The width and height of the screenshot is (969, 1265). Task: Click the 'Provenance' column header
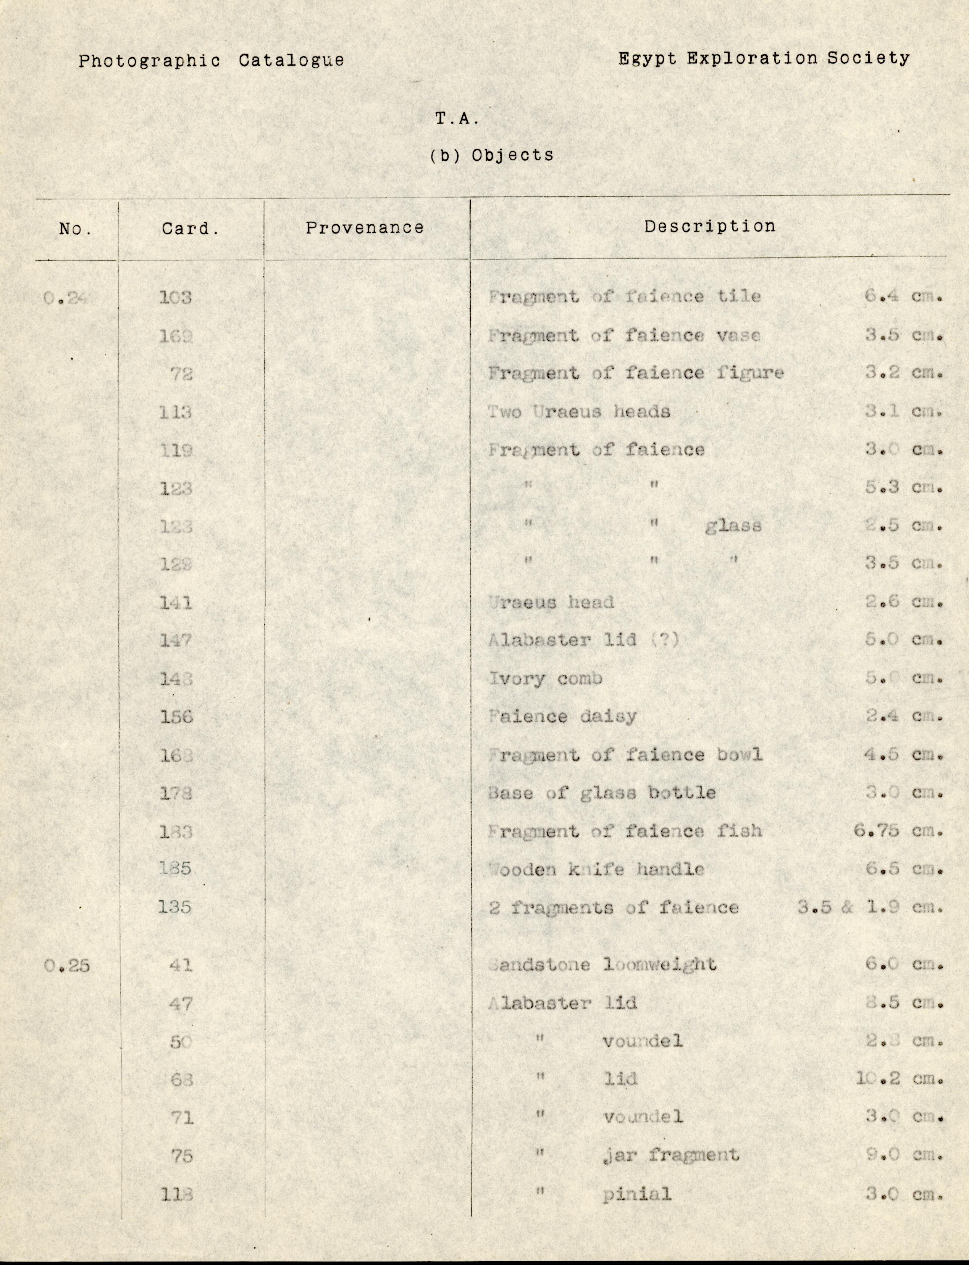coord(365,228)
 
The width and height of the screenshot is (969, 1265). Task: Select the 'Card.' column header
coord(190,229)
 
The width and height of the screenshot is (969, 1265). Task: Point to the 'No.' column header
coord(75,229)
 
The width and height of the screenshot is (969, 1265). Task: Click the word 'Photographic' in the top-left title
coord(149,61)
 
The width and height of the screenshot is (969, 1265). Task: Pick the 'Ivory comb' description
coord(545,678)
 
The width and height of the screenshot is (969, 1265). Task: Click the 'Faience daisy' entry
coord(562,717)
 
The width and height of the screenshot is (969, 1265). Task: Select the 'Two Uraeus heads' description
coord(578,412)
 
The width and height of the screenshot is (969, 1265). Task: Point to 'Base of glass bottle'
coord(602,793)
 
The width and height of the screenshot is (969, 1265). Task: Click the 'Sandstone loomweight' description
coord(602,965)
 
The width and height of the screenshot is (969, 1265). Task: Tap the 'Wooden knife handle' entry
coord(596,869)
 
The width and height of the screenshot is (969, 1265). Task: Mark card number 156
coord(176,717)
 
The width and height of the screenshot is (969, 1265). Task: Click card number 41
coord(181,965)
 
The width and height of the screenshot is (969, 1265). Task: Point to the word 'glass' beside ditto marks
coord(733,526)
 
